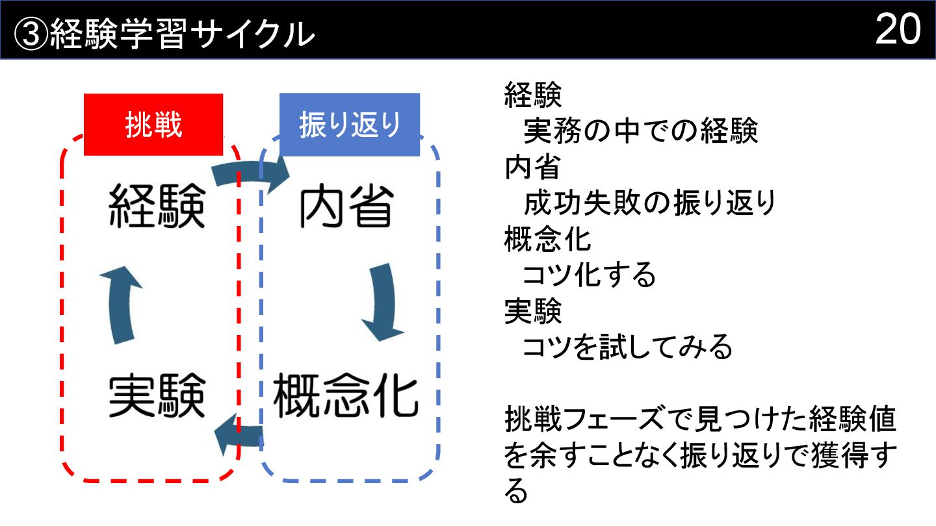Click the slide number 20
(x=898, y=29)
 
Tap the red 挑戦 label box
(x=153, y=125)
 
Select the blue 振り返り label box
(x=350, y=125)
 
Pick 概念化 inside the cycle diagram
(x=345, y=395)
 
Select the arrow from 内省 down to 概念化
(x=381, y=301)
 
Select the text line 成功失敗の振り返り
(x=649, y=204)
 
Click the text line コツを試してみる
(x=627, y=347)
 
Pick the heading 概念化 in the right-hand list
(x=548, y=240)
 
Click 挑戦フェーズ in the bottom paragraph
(x=578, y=421)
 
